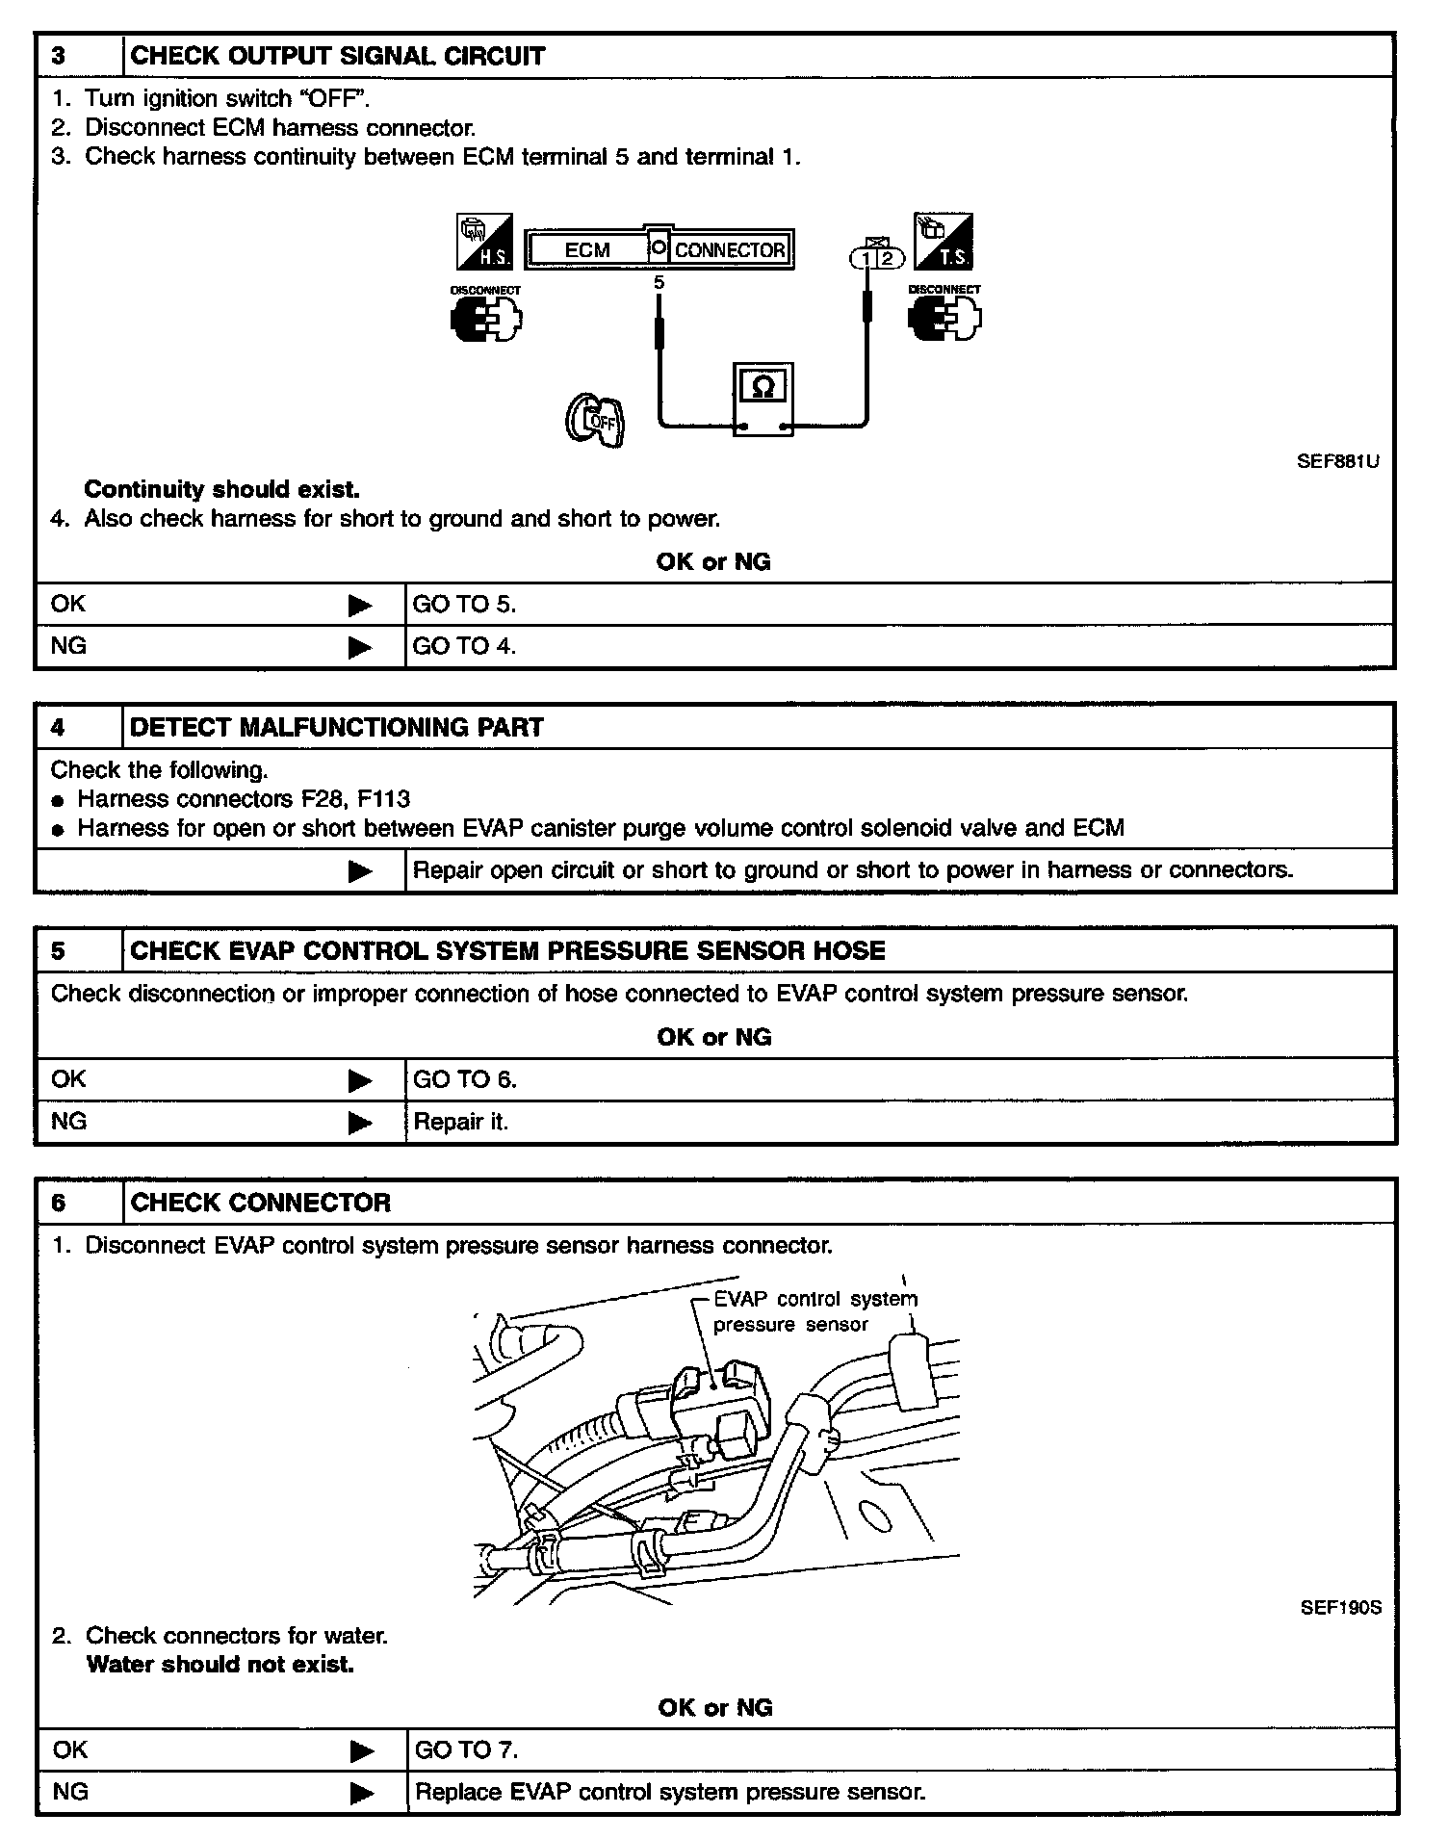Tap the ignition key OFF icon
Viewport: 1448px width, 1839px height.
coord(595,420)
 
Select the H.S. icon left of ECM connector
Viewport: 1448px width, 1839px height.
coord(484,242)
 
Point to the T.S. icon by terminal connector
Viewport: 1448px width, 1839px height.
coord(944,242)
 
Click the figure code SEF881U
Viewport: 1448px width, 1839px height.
coord(1337,461)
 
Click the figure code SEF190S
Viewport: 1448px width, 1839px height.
coord(1340,1607)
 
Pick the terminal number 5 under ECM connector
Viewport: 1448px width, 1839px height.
coord(659,283)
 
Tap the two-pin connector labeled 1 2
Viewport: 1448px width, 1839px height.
coord(877,258)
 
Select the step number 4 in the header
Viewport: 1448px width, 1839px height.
coord(58,727)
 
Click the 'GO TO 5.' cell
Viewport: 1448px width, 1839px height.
coord(464,605)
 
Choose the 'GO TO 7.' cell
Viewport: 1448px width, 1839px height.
coord(466,1749)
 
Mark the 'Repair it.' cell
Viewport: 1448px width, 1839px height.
coord(460,1122)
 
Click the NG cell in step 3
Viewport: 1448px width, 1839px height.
coord(69,646)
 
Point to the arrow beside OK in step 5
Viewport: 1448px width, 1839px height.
coord(360,1080)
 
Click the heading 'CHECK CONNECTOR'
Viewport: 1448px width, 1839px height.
coord(260,1203)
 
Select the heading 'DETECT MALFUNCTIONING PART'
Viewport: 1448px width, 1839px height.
coord(336,727)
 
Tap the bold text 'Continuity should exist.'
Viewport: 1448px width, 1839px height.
coord(221,489)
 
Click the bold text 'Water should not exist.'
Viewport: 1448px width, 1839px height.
coord(220,1664)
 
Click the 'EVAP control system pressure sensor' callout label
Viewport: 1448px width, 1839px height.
coord(814,1311)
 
